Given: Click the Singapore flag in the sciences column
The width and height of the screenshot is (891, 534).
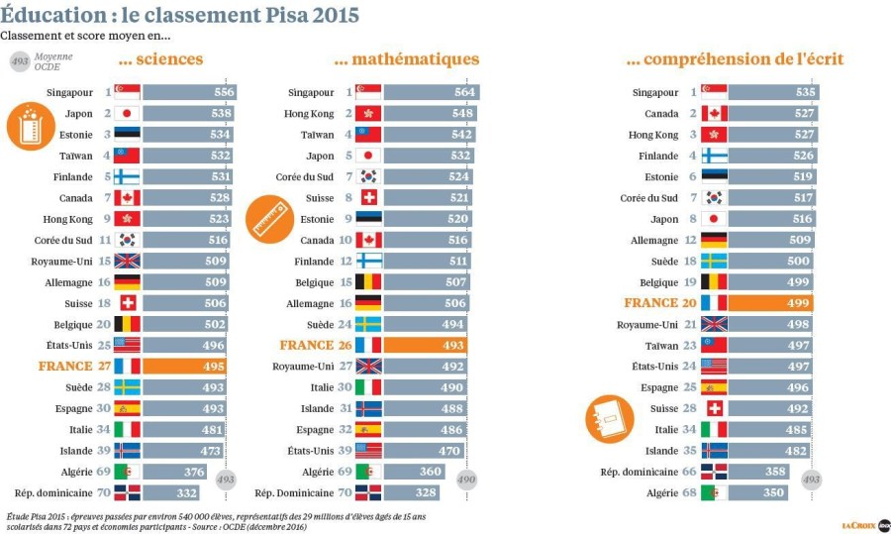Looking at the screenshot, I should [x=127, y=92].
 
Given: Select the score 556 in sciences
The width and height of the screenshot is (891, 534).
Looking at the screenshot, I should [x=223, y=92].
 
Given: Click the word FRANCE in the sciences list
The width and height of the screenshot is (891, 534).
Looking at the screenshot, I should [x=65, y=366].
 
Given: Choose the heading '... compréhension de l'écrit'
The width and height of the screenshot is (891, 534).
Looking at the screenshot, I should [x=735, y=59].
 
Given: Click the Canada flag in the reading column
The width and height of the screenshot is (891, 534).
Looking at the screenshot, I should [x=714, y=113].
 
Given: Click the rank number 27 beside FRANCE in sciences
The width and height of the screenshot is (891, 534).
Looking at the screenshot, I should [x=104, y=366].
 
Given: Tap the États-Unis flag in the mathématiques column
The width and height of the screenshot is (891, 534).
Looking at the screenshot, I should [x=368, y=450].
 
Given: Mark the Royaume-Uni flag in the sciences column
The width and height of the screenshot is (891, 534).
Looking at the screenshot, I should [x=127, y=261].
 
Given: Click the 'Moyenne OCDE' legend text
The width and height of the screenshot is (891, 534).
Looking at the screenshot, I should [x=53, y=61].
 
